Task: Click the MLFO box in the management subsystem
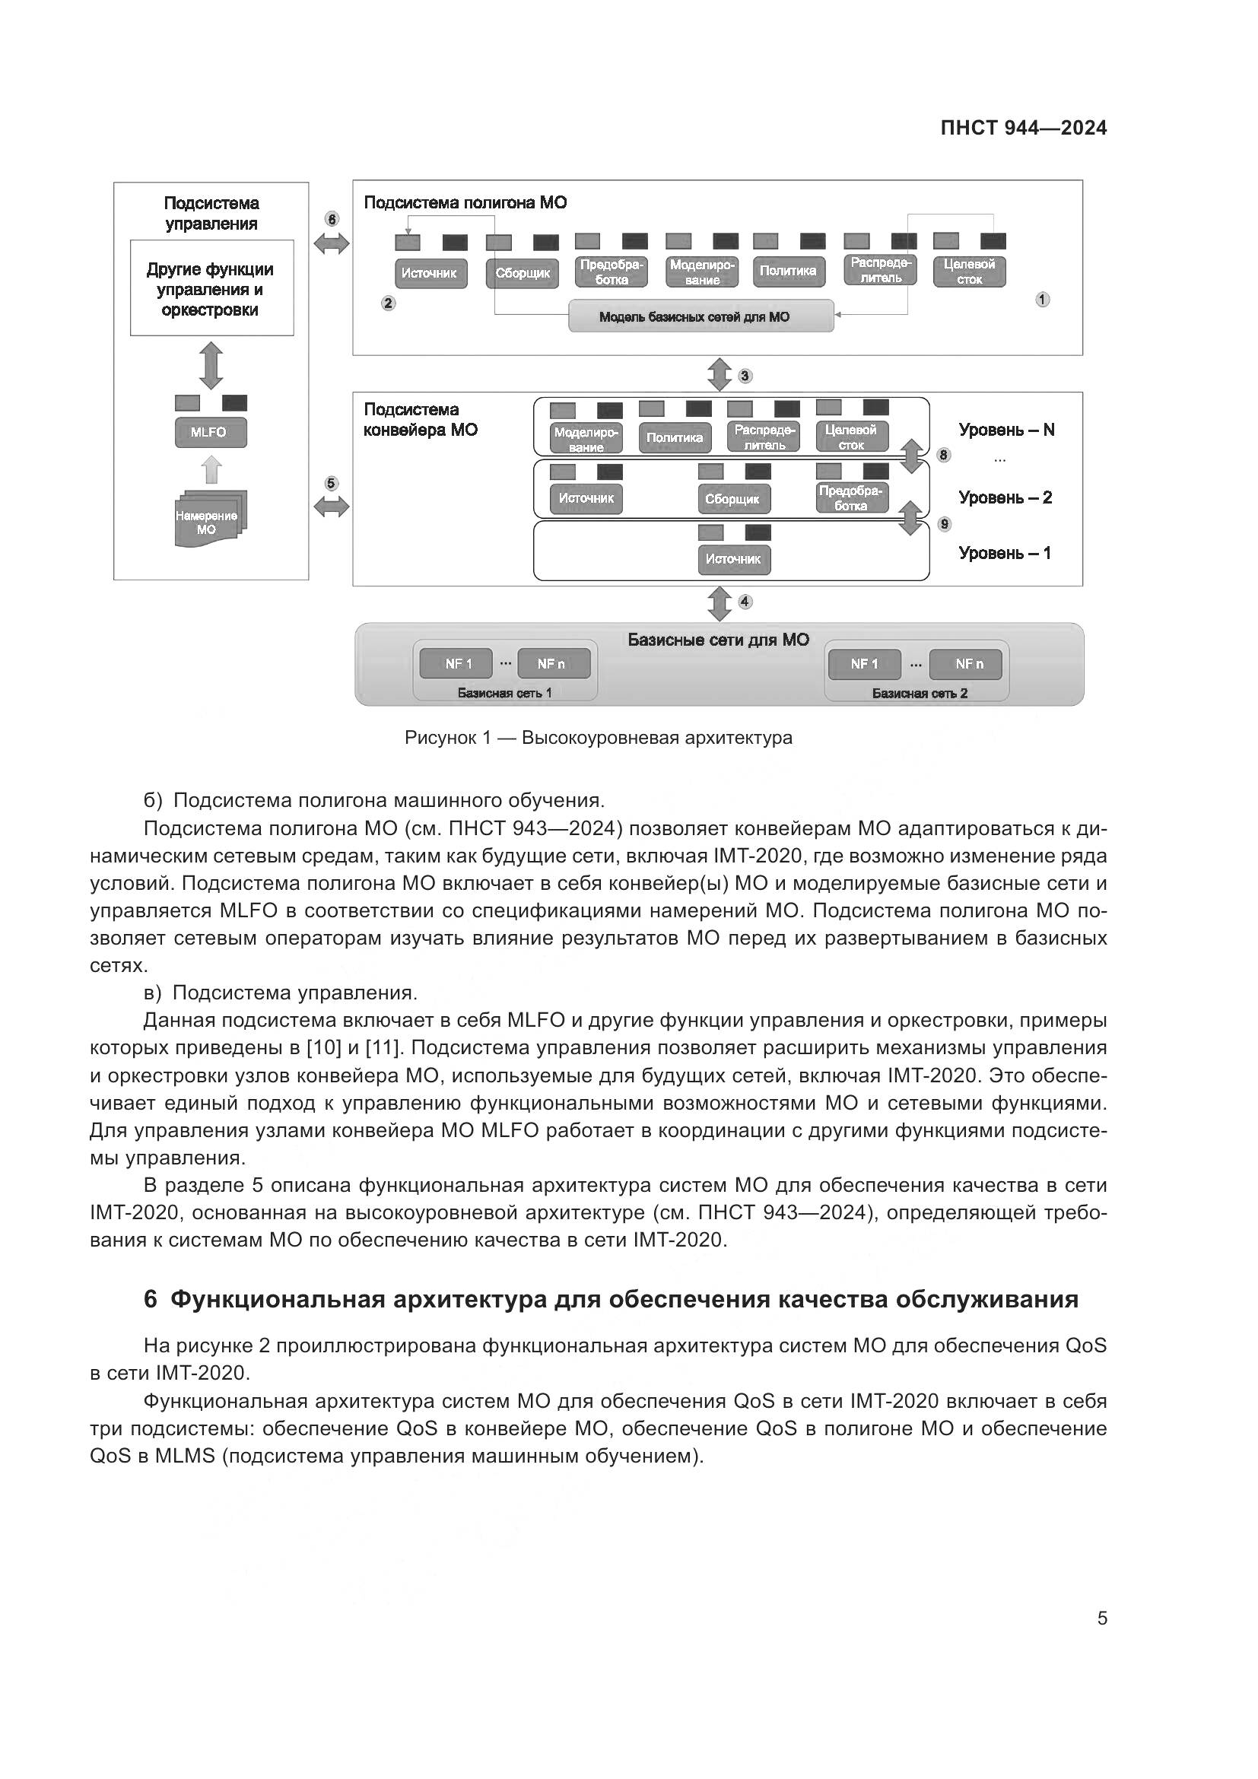tap(211, 432)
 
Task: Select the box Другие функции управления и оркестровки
tap(211, 288)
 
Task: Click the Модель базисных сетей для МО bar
tap(700, 316)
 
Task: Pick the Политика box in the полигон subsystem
tap(788, 272)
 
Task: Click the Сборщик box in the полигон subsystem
tap(522, 274)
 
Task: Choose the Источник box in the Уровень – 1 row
tap(733, 560)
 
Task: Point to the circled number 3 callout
tap(745, 376)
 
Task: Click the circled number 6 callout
tap(332, 219)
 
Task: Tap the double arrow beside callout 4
tap(720, 604)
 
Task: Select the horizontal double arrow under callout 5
tap(332, 507)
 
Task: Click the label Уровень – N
tap(1006, 430)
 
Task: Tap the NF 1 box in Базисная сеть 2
tap(864, 664)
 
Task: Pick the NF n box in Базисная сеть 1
tap(552, 664)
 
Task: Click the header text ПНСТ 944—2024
tap(1023, 129)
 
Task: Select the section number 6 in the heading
tap(151, 1299)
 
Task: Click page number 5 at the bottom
tap(1101, 1619)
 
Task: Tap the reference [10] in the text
tap(320, 1048)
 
